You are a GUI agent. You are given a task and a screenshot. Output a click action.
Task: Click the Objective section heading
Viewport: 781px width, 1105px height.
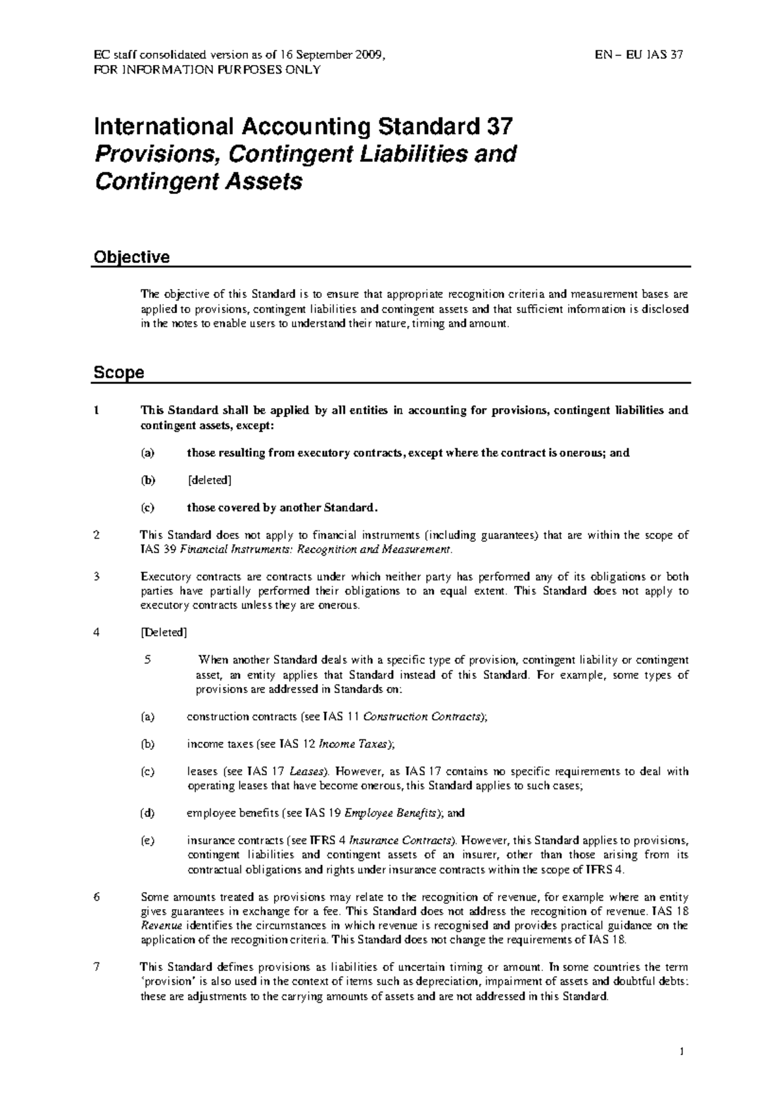tap(131, 257)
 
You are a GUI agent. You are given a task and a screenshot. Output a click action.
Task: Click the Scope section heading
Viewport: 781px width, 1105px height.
tap(118, 373)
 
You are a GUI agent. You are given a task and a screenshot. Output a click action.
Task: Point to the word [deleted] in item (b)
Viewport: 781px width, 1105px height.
tap(209, 480)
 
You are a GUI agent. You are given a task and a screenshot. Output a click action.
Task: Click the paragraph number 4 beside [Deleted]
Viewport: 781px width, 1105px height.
tap(96, 632)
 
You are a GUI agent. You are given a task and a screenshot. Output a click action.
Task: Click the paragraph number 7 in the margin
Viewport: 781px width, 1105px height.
tap(96, 967)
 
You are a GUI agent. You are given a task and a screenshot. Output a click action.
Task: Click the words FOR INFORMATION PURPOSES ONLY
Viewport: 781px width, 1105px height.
tap(208, 70)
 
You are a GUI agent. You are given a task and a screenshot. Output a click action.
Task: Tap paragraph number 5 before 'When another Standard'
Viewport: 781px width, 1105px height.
tap(148, 659)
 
